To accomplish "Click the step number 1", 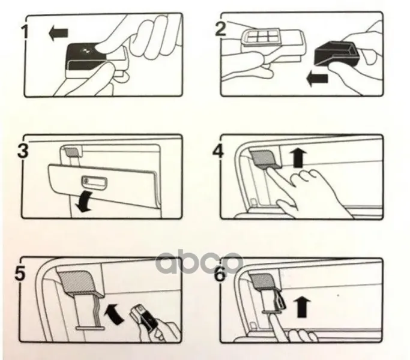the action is coord(25,32).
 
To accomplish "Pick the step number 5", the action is coord(20,272).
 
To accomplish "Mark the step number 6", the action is coord(220,274).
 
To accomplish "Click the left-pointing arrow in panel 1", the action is coord(59,33).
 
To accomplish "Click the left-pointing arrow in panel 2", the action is coord(317,79).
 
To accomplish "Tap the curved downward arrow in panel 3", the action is coord(84,202).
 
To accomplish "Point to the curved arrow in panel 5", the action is coord(114,313).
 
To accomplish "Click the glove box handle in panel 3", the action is coord(94,181).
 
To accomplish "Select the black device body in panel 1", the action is coord(86,57).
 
